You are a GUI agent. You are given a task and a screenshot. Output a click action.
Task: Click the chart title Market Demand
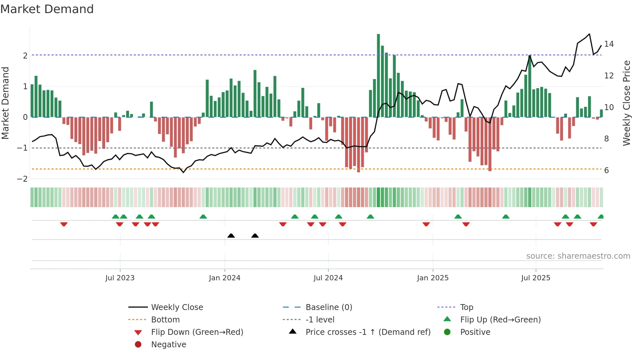click(x=47, y=9)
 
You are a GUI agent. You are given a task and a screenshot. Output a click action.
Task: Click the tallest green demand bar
click(x=378, y=75)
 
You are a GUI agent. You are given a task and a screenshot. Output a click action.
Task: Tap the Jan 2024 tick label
click(x=224, y=278)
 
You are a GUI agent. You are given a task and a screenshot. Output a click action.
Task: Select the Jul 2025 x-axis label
click(x=536, y=278)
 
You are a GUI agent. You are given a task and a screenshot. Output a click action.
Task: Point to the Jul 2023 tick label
click(x=120, y=278)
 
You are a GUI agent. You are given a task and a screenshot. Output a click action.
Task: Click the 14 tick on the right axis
click(x=609, y=44)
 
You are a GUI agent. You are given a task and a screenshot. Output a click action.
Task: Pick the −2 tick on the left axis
click(x=23, y=179)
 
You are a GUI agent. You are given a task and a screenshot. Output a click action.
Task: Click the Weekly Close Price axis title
click(x=626, y=103)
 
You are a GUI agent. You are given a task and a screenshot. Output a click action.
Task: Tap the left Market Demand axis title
click(x=5, y=103)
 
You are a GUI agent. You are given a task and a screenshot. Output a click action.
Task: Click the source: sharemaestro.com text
click(x=578, y=256)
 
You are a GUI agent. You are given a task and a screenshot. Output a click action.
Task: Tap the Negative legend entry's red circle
click(x=138, y=345)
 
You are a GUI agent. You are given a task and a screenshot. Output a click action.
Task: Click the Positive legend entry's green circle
click(x=447, y=332)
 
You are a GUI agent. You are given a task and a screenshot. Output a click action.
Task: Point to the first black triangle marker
click(x=231, y=236)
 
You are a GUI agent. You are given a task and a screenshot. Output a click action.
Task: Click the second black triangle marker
click(x=255, y=236)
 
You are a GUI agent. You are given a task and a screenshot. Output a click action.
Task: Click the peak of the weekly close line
click(x=589, y=34)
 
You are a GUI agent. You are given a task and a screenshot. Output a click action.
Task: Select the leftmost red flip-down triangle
click(x=64, y=224)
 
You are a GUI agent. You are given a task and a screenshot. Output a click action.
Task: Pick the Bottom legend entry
click(x=165, y=320)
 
